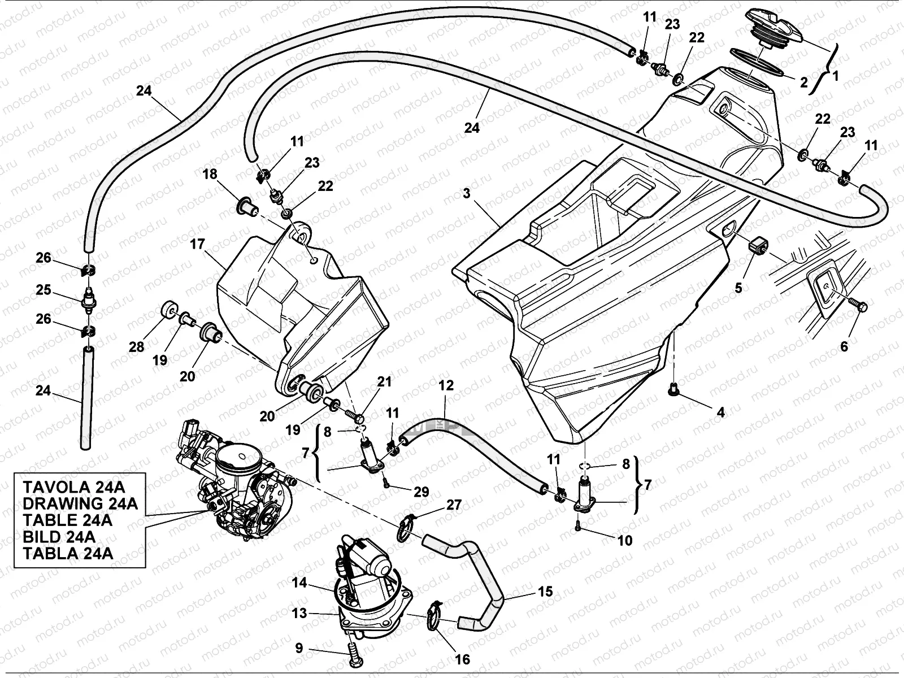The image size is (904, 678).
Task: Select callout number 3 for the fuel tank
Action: point(467,193)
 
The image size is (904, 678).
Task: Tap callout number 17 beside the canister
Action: point(197,245)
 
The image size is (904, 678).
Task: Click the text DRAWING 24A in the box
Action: point(80,503)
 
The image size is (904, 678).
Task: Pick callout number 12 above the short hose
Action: point(446,385)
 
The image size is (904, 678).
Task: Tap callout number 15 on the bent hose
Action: point(545,592)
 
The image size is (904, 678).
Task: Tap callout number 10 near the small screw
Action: point(625,540)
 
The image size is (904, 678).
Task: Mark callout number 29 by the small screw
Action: point(421,492)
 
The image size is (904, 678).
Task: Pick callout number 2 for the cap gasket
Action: point(804,82)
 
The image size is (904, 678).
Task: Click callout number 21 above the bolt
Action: point(384,382)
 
